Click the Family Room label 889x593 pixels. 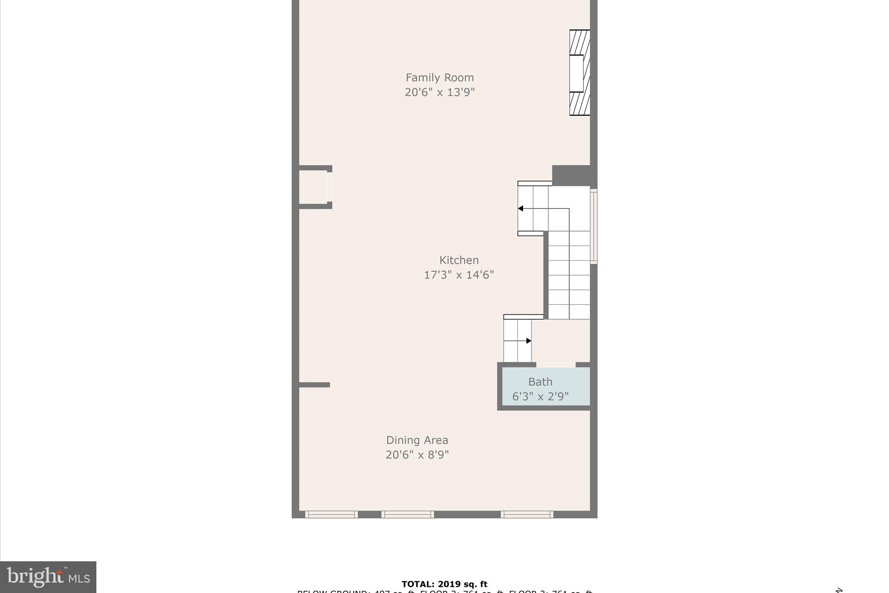pyautogui.click(x=439, y=77)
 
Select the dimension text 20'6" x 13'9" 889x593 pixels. pyautogui.click(x=439, y=92)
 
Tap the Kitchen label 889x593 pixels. pyautogui.click(x=458, y=260)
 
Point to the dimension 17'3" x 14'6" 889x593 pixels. pyautogui.click(x=458, y=275)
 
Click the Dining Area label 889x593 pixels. pyautogui.click(x=417, y=440)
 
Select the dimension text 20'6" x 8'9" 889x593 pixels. pyautogui.click(x=417, y=454)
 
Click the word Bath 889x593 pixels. pyautogui.click(x=540, y=381)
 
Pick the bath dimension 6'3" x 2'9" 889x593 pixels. pyautogui.click(x=540, y=396)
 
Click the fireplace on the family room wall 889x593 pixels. pyautogui.click(x=579, y=73)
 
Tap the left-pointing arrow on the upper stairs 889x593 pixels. pyautogui.click(x=520, y=209)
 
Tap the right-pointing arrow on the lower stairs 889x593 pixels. pyautogui.click(x=528, y=341)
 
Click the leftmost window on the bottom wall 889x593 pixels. pyautogui.click(x=331, y=514)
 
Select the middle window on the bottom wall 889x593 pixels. pyautogui.click(x=407, y=514)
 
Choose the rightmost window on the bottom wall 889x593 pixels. pyautogui.click(x=527, y=514)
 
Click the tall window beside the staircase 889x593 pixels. pyautogui.click(x=593, y=226)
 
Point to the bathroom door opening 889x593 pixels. pyautogui.click(x=556, y=364)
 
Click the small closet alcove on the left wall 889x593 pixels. pyautogui.click(x=313, y=187)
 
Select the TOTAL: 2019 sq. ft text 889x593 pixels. pyautogui.click(x=444, y=584)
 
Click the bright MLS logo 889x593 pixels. pyautogui.click(x=48, y=577)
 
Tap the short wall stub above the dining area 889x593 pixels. pyautogui.click(x=314, y=384)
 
